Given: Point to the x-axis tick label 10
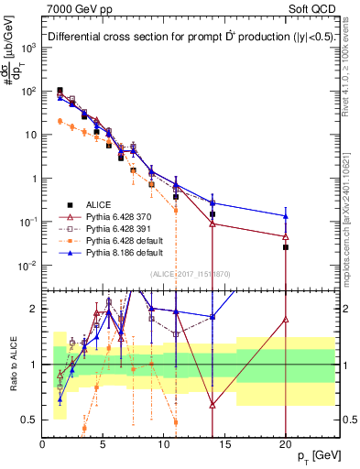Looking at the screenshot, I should pos(163,443).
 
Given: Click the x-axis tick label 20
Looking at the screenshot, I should pos(285,443).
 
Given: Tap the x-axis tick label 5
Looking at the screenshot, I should pos(103,443).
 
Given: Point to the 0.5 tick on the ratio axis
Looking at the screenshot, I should pos(29,420).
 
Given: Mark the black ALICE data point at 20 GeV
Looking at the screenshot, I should pos(286,247).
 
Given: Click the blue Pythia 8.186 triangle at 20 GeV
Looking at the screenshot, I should pos(286,216).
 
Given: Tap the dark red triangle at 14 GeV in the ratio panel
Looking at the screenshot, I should pos(213,404).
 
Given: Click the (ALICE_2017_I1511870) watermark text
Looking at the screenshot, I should pos(189,274).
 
